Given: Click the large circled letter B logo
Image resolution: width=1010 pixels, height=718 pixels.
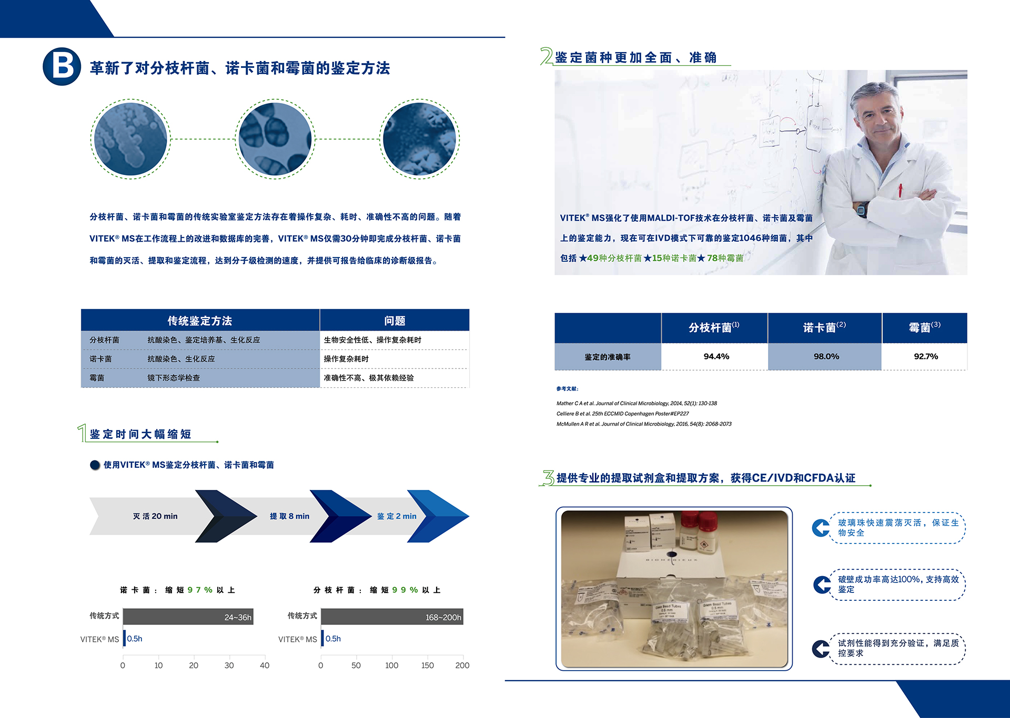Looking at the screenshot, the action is [x=62, y=67].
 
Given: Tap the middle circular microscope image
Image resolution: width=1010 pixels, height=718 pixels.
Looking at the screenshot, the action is [x=275, y=139].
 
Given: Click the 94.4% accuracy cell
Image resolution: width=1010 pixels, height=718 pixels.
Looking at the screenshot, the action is [x=716, y=356].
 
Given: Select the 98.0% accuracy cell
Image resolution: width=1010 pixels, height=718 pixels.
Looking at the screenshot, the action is [x=826, y=356].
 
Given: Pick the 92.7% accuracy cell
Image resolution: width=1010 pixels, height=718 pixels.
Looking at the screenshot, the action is [x=926, y=356].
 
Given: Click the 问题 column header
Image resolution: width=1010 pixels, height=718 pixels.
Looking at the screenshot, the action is [x=395, y=321].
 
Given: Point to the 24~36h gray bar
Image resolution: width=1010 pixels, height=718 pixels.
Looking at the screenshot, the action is [x=188, y=617].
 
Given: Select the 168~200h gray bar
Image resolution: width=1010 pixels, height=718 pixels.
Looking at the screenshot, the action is [x=392, y=617].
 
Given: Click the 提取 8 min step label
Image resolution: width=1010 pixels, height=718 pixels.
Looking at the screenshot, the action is [x=289, y=516].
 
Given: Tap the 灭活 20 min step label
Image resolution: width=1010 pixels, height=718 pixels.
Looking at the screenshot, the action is [x=155, y=516].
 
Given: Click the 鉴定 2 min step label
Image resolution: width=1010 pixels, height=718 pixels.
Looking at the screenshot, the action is [x=397, y=516].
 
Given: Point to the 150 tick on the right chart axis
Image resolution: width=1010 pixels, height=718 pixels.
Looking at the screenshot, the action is [x=428, y=665].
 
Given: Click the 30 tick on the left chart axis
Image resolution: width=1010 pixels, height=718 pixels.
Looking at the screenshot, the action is [x=229, y=665].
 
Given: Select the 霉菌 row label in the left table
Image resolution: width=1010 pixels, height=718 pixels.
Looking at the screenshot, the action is [x=97, y=378].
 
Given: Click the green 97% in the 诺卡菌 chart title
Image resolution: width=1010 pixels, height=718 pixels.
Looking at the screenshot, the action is [x=200, y=590].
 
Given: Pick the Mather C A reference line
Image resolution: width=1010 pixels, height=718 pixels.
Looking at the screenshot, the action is [x=637, y=403].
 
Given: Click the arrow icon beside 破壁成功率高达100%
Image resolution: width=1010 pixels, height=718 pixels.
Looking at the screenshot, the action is [x=822, y=584].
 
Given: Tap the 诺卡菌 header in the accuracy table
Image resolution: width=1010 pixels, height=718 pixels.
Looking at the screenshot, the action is [x=824, y=327].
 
